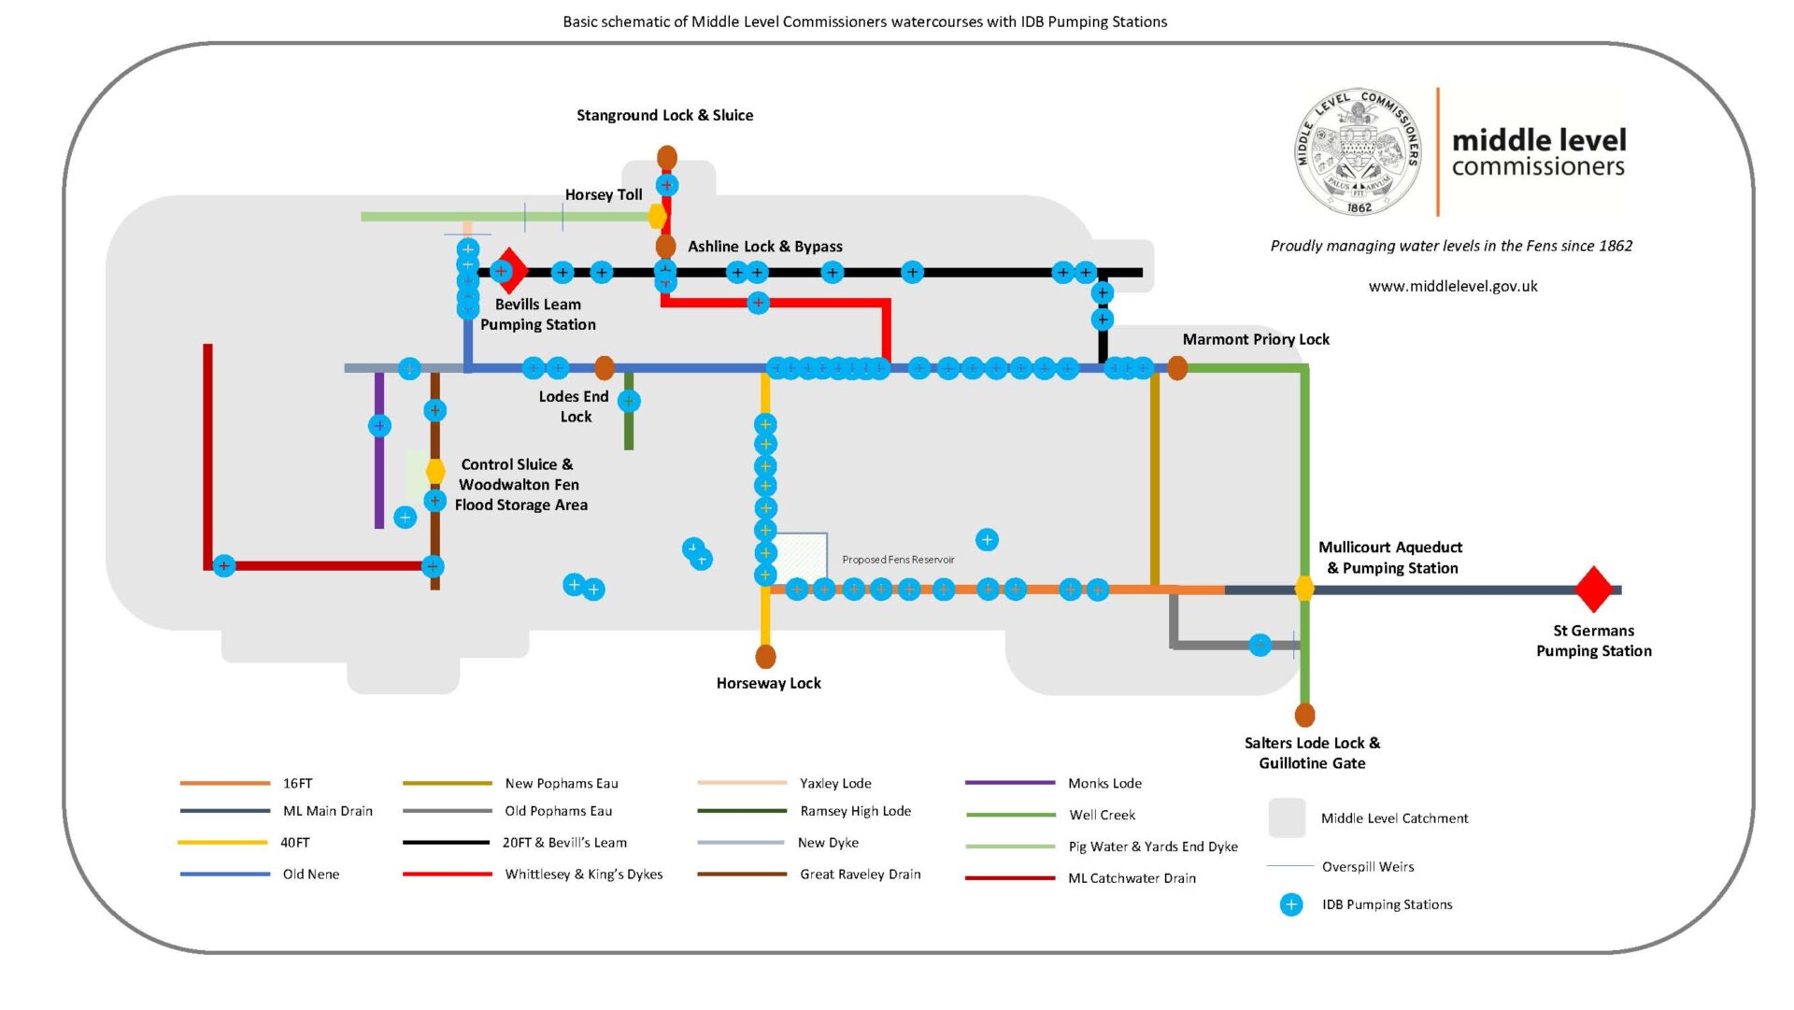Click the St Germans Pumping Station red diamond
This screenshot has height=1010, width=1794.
tap(1594, 590)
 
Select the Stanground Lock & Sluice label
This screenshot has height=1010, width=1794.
tap(664, 115)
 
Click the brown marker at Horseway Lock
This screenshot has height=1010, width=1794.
tap(765, 656)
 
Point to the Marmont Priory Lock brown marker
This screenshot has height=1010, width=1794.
tap(1177, 368)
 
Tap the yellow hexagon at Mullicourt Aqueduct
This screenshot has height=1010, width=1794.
tap(1304, 589)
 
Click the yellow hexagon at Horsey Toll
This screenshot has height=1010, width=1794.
tap(658, 217)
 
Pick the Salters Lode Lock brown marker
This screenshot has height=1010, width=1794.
tap(1304, 715)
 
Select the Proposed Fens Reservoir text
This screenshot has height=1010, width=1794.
tap(898, 560)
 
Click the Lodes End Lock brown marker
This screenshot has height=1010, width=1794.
tap(605, 368)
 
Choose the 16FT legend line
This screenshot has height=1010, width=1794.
tap(224, 783)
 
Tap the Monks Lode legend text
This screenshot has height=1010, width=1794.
tap(1104, 783)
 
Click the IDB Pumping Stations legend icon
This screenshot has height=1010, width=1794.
tap(1291, 904)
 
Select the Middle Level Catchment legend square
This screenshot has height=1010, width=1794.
tap(1287, 818)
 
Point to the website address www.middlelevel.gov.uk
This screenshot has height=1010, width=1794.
tap(1453, 287)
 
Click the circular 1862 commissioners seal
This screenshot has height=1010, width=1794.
tap(1360, 152)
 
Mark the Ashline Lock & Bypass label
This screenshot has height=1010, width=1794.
tap(765, 247)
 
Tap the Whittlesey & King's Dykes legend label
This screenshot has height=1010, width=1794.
tap(584, 875)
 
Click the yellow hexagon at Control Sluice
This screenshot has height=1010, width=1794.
tap(435, 471)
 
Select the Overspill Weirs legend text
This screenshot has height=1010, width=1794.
tap(1368, 867)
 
